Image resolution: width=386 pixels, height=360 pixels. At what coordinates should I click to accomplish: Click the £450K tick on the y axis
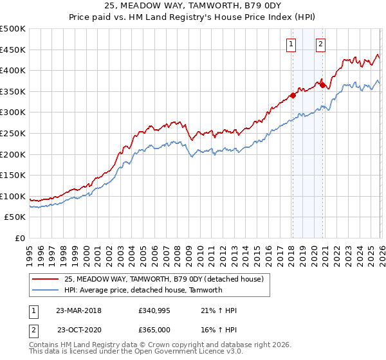pos(13,50)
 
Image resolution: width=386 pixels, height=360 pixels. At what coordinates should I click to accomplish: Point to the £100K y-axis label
pos(13,197)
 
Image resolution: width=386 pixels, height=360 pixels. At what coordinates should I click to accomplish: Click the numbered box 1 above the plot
pos(291,44)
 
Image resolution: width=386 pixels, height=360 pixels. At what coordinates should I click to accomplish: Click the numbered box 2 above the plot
pos(320,44)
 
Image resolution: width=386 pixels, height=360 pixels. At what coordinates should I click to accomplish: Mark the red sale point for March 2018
pos(292,95)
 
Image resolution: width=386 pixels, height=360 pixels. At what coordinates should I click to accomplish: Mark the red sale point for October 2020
pos(322,84)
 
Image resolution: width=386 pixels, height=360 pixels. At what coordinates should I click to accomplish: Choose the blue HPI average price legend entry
pos(143,290)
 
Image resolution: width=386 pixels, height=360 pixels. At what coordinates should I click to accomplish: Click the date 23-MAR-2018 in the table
pos(78,310)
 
